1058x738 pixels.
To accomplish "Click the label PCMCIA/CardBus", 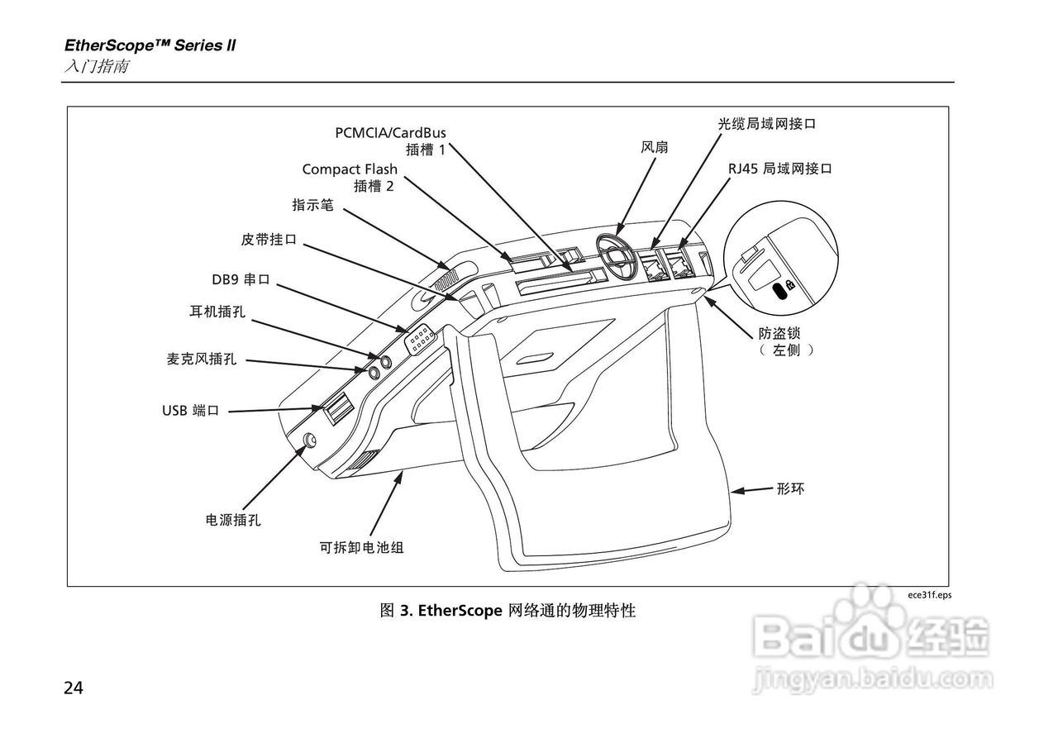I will [x=396, y=132].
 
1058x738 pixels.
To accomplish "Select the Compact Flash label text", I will [x=350, y=169].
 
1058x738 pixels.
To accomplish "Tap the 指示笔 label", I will [x=312, y=205].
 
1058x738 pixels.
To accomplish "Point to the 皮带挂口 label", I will [x=269, y=240].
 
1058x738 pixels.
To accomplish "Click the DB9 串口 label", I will [x=241, y=279].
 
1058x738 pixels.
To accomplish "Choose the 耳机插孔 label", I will [x=217, y=312].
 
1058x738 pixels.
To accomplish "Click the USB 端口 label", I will [x=190, y=410].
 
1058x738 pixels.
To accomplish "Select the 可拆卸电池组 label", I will [x=362, y=547].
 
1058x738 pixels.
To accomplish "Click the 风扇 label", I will [x=655, y=147].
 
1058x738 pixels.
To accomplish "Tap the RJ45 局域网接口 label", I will [x=779, y=169].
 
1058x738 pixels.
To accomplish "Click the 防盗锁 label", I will [x=780, y=333].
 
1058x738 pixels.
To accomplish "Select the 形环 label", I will [x=790, y=489].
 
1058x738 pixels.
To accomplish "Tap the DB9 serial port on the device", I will [x=419, y=340].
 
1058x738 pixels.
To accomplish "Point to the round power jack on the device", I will [x=310, y=440].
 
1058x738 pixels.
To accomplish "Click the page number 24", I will [x=74, y=688].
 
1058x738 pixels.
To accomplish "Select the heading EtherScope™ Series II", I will [x=150, y=45].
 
